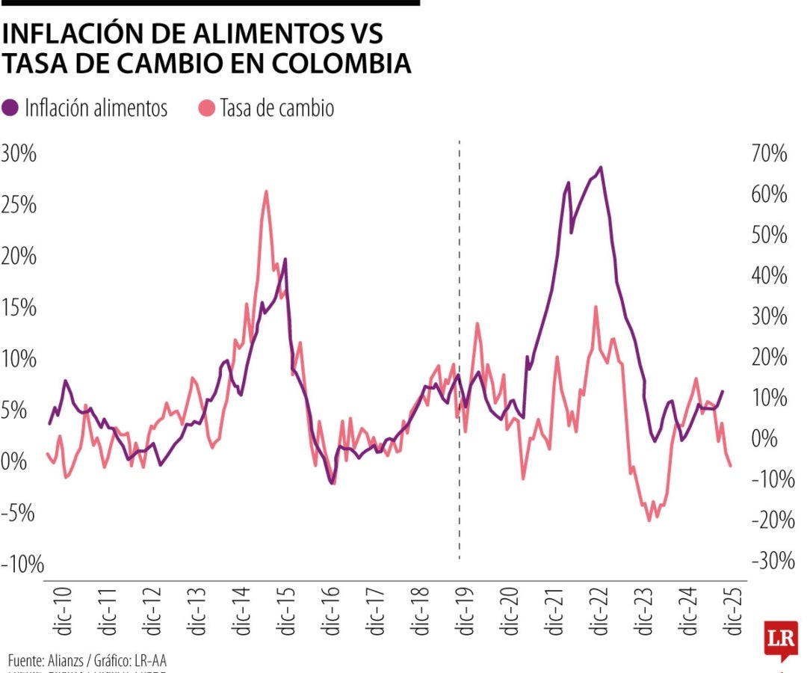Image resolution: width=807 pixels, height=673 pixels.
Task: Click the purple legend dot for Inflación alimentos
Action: click(10, 108)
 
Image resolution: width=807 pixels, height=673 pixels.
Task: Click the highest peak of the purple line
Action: click(601, 167)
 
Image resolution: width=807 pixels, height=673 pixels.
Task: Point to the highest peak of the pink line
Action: click(266, 191)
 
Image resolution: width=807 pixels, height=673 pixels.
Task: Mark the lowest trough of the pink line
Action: click(649, 519)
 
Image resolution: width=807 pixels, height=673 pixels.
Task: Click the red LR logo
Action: click(780, 639)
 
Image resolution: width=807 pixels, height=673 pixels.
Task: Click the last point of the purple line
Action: click(723, 391)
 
